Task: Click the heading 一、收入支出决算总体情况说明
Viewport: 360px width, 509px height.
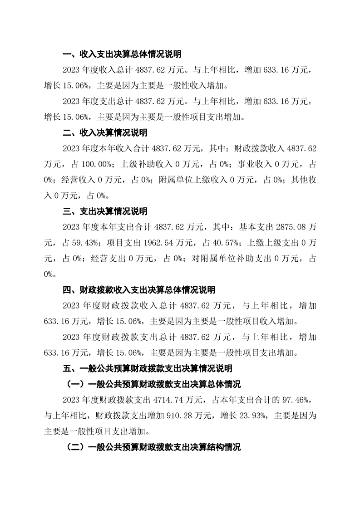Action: pos(122,55)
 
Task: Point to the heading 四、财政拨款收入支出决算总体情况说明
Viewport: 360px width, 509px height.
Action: pos(138,290)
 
